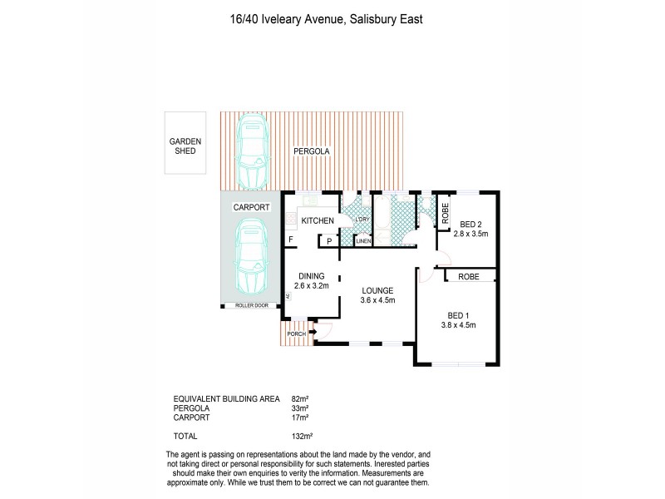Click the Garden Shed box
point(184,143)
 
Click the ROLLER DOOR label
point(250,306)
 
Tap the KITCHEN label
point(317,220)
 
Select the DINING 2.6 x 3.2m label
point(312,281)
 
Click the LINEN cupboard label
point(363,241)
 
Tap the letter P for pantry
point(329,240)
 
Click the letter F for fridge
point(291,240)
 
